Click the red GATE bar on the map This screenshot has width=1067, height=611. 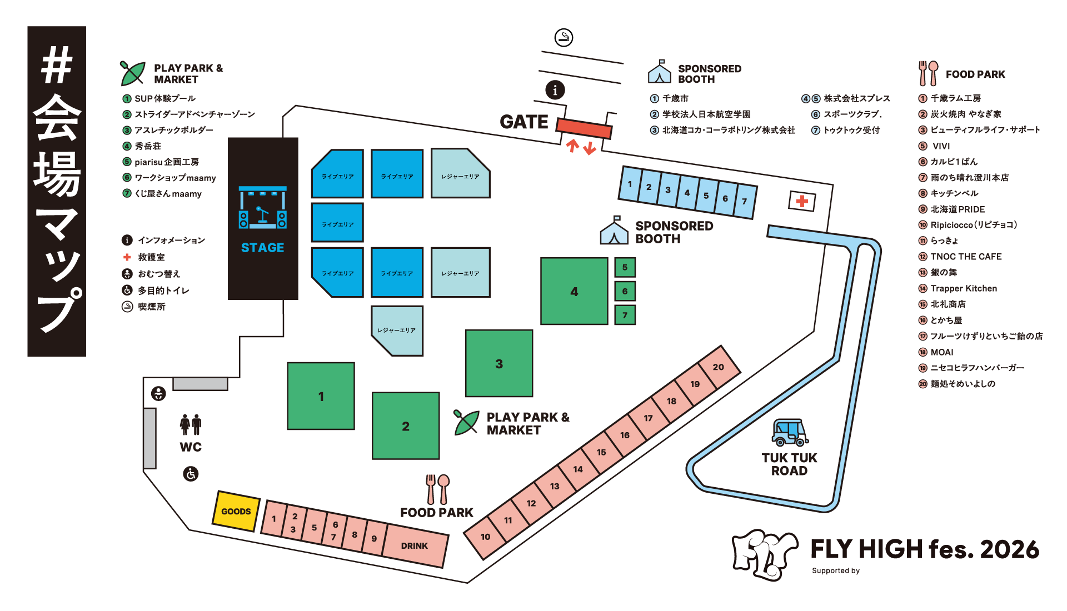click(x=584, y=128)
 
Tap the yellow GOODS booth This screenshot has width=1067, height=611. click(x=236, y=511)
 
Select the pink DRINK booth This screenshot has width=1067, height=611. click(x=415, y=546)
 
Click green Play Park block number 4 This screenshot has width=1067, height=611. click(x=574, y=291)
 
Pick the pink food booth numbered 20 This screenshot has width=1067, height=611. click(x=718, y=367)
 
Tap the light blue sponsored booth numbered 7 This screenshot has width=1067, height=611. click(x=745, y=201)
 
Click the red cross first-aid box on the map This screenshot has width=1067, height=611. click(x=802, y=201)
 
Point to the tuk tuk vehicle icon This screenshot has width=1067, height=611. click(x=790, y=433)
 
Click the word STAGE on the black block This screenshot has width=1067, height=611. click(x=262, y=248)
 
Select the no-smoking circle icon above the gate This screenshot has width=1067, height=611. click(x=564, y=38)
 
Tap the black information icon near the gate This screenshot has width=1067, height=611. click(x=555, y=90)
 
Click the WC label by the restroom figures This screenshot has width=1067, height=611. click(x=191, y=447)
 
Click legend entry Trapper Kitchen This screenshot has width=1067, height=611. click(x=964, y=288)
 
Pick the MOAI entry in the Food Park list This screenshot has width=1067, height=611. click(x=942, y=352)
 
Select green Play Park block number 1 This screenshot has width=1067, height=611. click(x=321, y=396)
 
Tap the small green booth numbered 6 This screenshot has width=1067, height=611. click(x=625, y=291)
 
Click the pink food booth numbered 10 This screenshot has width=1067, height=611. click(x=485, y=537)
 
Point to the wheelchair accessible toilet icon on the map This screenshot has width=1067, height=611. click(x=191, y=474)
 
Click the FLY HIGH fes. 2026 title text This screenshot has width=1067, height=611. click(x=925, y=549)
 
